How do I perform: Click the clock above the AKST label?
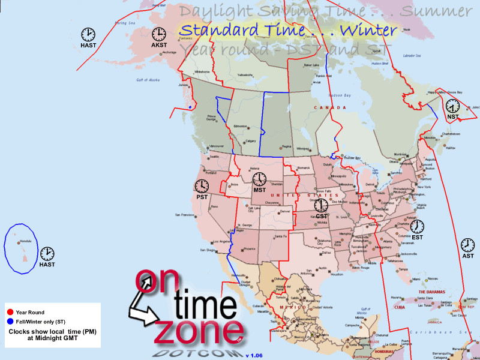[x=159, y=34]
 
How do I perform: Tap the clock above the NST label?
[x=452, y=106]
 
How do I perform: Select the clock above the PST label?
[x=202, y=186]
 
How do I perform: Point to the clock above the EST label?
[x=417, y=226]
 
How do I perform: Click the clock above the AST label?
[x=467, y=245]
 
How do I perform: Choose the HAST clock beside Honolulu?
[x=47, y=254]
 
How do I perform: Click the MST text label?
[x=260, y=190]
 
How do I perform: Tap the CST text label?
[x=321, y=215]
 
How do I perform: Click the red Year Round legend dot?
[x=10, y=313]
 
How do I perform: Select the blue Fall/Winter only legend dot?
[x=10, y=322]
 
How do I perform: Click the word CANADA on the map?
[x=331, y=108]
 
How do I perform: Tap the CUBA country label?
[x=400, y=307]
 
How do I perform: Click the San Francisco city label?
[x=185, y=215]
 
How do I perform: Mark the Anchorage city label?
[x=169, y=53]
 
